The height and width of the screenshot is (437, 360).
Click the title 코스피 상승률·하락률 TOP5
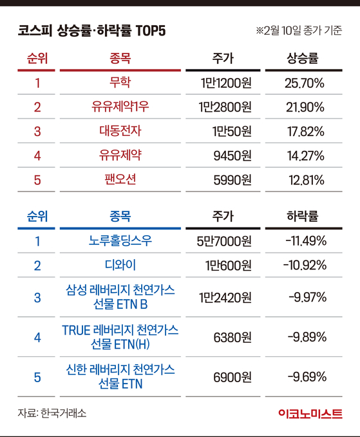(x=91, y=30)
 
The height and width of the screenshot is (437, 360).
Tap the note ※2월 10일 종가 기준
(x=299, y=30)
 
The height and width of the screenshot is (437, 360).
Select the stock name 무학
(x=120, y=83)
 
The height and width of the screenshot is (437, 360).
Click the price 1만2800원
(x=225, y=107)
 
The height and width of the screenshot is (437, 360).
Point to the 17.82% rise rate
(x=306, y=131)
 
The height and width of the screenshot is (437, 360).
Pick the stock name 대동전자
(x=120, y=131)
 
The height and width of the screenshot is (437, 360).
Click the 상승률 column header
(x=303, y=58)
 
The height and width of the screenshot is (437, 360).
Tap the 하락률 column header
(x=303, y=217)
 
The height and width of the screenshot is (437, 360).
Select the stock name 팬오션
(x=120, y=179)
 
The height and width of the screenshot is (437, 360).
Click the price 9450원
(x=232, y=155)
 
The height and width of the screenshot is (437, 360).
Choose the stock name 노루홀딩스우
(x=120, y=240)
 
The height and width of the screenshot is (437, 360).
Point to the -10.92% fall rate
(x=305, y=265)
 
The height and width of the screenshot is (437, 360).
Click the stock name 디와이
(x=120, y=265)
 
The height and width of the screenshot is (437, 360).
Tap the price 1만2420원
(x=225, y=297)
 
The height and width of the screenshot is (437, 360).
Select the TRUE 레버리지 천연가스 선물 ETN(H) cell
(x=120, y=337)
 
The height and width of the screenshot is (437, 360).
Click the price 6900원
(x=232, y=377)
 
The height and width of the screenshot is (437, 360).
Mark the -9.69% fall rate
(x=307, y=377)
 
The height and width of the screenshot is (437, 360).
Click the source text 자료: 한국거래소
(x=52, y=413)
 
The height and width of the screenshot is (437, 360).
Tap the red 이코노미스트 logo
(x=310, y=414)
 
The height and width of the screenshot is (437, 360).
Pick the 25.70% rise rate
(x=305, y=83)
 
